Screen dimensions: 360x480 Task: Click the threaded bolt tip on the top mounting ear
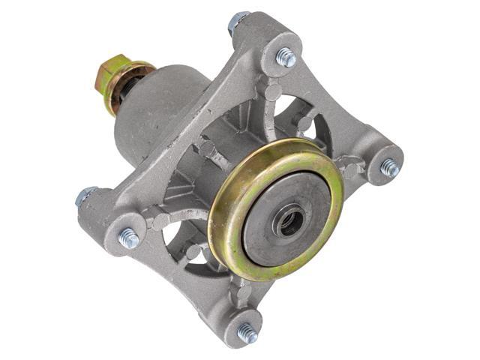286,56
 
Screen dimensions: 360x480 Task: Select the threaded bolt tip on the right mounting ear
389,168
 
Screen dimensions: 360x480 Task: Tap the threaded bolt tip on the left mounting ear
128,238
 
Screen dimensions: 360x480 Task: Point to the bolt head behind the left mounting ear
85,196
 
